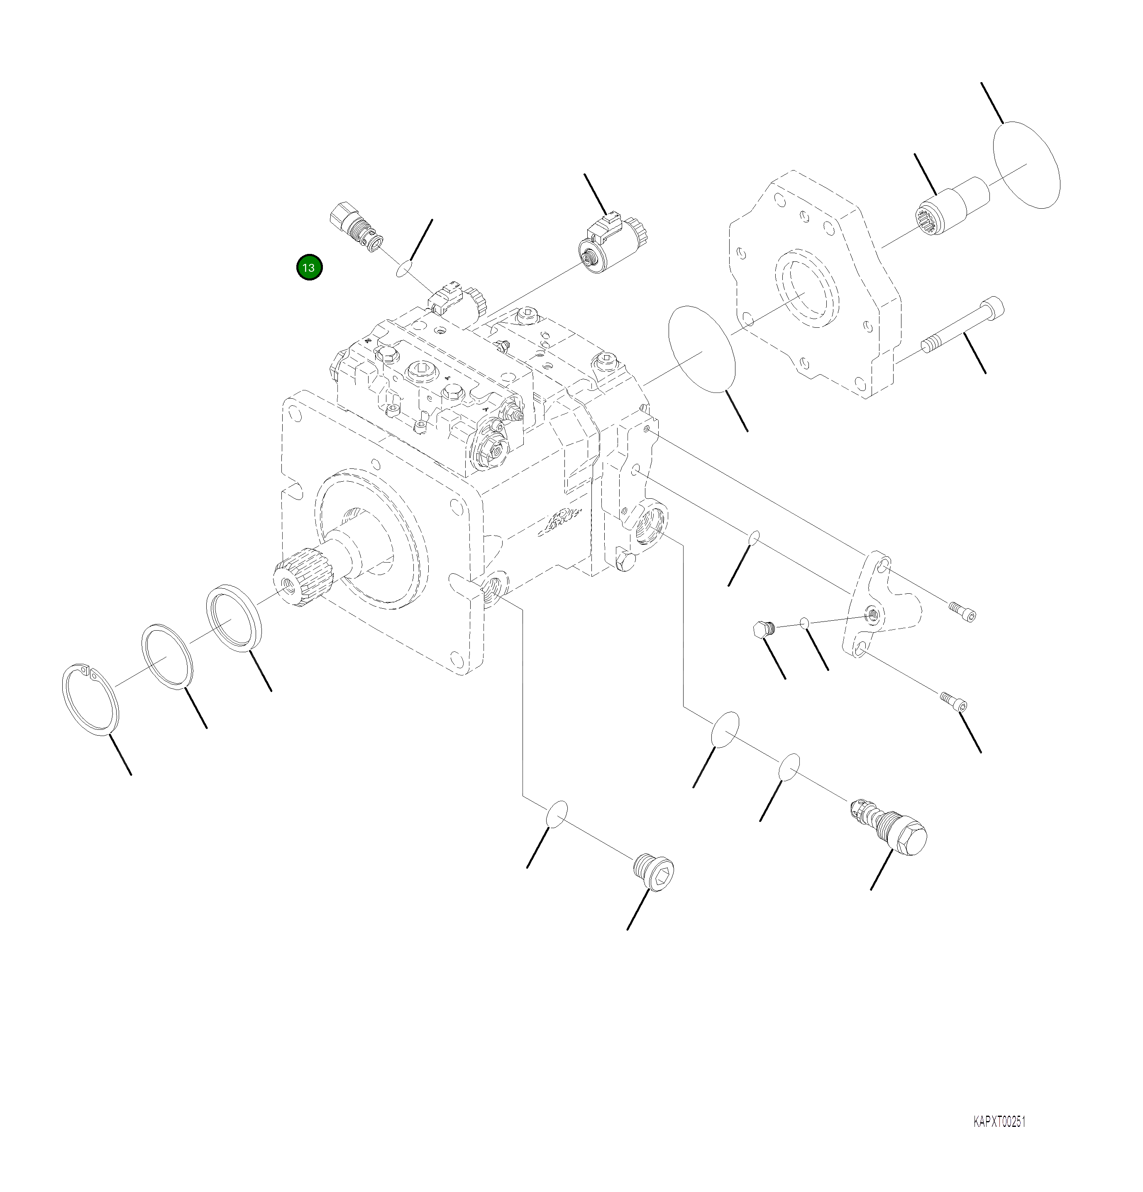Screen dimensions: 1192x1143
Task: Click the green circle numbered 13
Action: tap(309, 268)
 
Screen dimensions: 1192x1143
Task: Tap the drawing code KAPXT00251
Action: tap(999, 1121)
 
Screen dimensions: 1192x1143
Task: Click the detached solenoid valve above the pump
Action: tap(611, 246)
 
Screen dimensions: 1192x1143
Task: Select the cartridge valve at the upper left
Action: tap(356, 228)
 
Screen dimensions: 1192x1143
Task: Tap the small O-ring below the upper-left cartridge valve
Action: tap(404, 268)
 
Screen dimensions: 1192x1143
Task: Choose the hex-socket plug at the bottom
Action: tap(654, 873)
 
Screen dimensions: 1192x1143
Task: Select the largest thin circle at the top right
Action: tap(1027, 164)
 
